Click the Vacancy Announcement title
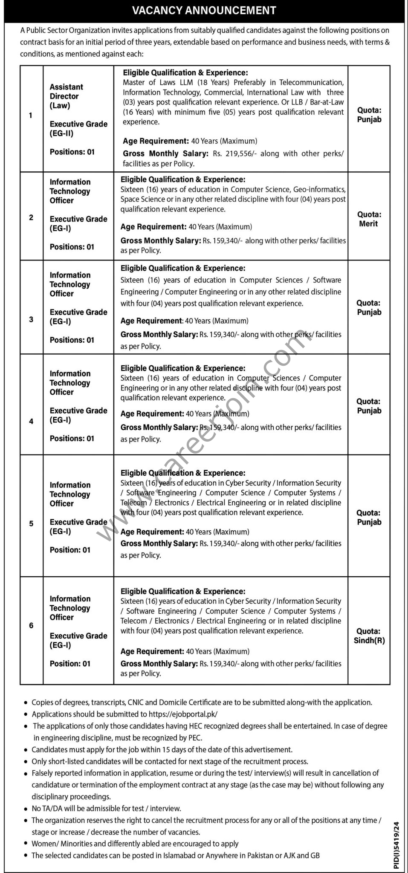tap(204, 10)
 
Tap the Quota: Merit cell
tap(369, 219)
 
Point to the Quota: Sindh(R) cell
tap(369, 636)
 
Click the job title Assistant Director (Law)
tap(66, 96)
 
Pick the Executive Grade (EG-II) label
tap(78, 129)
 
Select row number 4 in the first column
tap(31, 421)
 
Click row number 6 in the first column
tap(31, 625)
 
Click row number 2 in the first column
tap(31, 217)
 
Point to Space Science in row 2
tap(141, 199)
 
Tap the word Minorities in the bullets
tap(75, 844)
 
